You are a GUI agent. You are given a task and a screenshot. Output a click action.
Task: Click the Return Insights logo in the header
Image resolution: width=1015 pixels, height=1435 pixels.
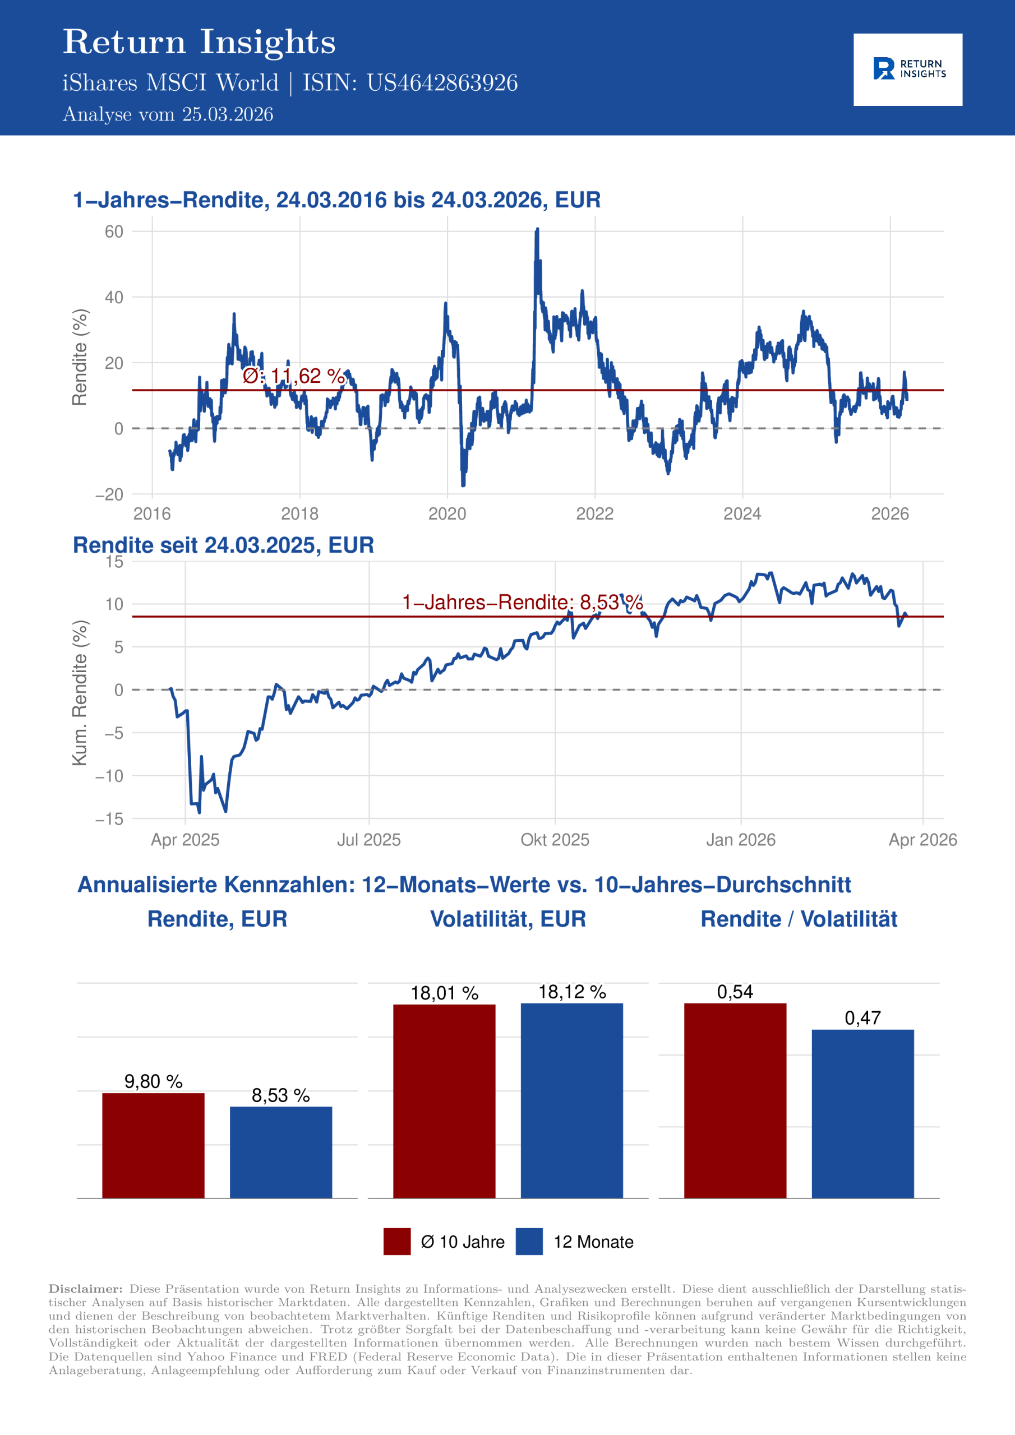tap(907, 70)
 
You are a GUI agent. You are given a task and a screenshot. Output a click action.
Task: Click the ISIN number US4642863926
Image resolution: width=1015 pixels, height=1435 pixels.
tap(441, 83)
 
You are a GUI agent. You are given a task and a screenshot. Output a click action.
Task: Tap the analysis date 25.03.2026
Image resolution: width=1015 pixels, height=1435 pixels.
tap(227, 114)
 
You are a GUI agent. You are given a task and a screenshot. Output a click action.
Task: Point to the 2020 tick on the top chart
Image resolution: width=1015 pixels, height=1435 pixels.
tap(447, 514)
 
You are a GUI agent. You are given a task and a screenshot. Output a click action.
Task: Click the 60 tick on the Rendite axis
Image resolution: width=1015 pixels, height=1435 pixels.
tap(114, 232)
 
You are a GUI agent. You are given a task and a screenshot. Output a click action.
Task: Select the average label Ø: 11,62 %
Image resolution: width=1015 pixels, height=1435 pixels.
tap(293, 376)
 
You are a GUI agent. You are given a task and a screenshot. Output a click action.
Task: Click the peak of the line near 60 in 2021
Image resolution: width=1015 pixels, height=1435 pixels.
tap(537, 230)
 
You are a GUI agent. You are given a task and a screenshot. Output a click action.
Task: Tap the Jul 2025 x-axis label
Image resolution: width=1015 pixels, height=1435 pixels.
tap(368, 839)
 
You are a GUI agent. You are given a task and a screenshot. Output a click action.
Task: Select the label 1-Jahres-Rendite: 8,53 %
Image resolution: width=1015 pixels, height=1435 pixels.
tap(522, 602)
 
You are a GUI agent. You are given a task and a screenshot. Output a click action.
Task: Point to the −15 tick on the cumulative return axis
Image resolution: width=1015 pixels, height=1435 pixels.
tap(109, 819)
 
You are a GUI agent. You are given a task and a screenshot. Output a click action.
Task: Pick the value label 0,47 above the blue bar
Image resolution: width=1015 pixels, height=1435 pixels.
tap(862, 1018)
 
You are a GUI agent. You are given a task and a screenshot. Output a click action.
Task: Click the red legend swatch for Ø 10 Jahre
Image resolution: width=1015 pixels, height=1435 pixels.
tap(396, 1241)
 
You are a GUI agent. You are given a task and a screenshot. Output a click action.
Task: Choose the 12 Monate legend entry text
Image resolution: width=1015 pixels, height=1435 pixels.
tap(593, 1242)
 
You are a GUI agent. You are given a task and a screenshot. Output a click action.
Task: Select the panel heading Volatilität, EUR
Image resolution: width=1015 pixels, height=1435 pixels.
tap(508, 919)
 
